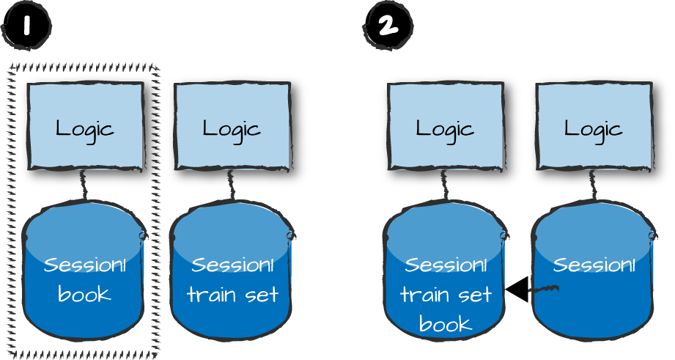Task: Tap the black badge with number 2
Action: (x=387, y=26)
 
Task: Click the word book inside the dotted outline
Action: (x=84, y=295)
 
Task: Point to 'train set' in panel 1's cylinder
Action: (x=232, y=295)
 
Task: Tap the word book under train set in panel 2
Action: (x=444, y=323)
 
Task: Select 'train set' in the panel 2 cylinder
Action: (x=444, y=295)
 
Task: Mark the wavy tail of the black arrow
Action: (x=544, y=290)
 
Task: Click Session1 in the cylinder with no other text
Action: (x=593, y=265)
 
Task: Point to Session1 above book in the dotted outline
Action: (x=84, y=265)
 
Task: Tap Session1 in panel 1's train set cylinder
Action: (x=232, y=265)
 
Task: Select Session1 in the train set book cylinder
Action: (x=444, y=265)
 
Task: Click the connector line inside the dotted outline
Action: (x=84, y=185)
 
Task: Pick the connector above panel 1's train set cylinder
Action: (x=232, y=185)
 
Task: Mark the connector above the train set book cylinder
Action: (x=445, y=185)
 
